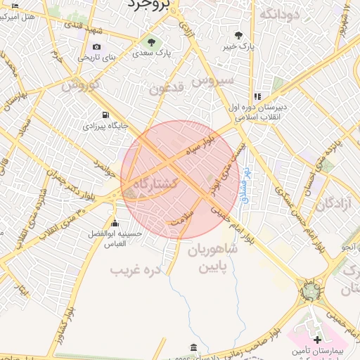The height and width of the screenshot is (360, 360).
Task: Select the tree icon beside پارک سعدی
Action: click(x=151, y=41)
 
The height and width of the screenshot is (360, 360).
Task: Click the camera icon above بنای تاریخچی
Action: click(x=96, y=47)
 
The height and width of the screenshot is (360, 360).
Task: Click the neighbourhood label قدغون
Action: click(x=167, y=89)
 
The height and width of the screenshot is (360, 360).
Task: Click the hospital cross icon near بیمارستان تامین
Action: click(x=317, y=339)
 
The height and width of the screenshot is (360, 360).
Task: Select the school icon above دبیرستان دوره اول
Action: click(x=257, y=96)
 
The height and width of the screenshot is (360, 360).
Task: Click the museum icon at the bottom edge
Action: click(x=193, y=347)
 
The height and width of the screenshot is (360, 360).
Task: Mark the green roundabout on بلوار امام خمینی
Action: click(x=309, y=289)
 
